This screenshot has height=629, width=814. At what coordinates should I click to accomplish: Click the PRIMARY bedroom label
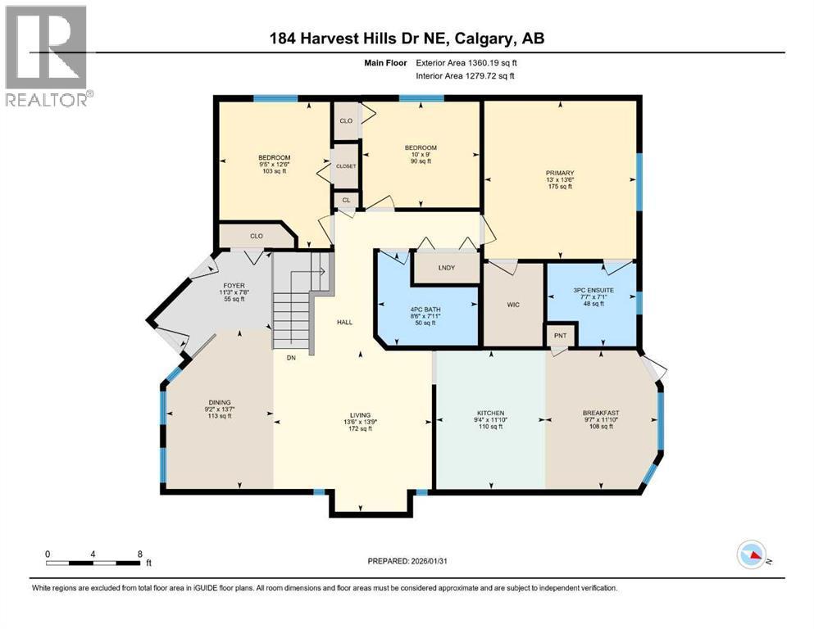point(560,173)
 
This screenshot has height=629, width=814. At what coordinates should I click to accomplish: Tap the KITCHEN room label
point(490,413)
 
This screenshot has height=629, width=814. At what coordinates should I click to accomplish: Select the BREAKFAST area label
point(601,413)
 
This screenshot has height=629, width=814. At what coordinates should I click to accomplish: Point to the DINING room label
point(220,402)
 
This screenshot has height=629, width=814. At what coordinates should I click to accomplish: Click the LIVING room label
point(361,415)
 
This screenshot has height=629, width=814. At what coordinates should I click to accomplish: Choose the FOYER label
point(234,286)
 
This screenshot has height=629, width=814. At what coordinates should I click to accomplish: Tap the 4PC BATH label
point(425,310)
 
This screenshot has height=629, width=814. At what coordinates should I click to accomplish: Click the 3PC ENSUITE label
point(593,291)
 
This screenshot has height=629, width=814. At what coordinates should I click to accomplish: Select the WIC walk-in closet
point(513,305)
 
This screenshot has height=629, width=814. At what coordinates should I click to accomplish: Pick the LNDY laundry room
point(447,268)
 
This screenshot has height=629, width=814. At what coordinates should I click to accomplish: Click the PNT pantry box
point(560,335)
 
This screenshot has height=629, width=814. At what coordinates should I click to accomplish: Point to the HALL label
point(345,322)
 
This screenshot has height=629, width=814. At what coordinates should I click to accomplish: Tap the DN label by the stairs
point(291,358)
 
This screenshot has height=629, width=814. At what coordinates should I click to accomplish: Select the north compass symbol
point(752,554)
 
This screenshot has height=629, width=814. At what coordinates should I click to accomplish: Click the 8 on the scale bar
point(139,554)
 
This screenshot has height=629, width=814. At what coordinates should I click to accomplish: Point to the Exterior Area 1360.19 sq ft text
point(466,63)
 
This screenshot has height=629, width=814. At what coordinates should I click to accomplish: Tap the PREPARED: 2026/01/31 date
point(407,561)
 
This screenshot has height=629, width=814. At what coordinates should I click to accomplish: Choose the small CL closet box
point(346,200)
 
